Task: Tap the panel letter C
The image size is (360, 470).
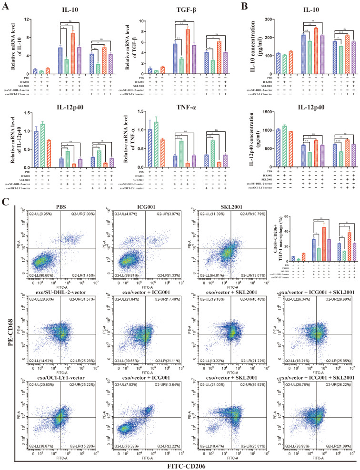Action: (x=6, y=201)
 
